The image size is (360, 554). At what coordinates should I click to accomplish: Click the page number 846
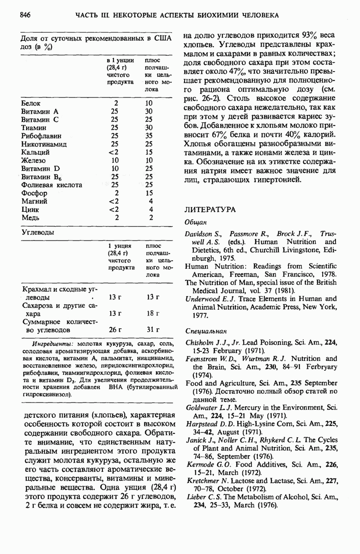(x=25, y=15)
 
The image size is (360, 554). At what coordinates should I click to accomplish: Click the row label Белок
(x=31, y=103)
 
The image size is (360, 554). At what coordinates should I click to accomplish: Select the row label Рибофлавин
(x=42, y=136)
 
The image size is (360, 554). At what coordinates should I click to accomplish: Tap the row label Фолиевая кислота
(x=52, y=185)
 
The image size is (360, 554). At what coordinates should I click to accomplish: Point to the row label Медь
(x=30, y=217)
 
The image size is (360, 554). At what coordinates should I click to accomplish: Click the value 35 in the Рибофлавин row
(x=149, y=136)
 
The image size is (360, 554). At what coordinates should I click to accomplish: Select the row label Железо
(x=34, y=161)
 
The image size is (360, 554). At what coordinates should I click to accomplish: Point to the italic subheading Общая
(x=195, y=222)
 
